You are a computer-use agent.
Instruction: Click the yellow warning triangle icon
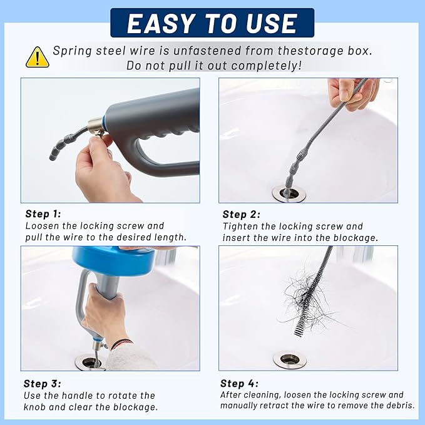[x=37, y=57]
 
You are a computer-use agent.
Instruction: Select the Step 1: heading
[x=43, y=213]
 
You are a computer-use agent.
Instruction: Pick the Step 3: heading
[x=43, y=383]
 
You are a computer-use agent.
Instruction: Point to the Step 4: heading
[x=239, y=383]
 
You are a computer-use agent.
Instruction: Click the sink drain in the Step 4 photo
[x=289, y=359]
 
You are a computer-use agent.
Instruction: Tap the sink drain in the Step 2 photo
[x=289, y=193]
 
